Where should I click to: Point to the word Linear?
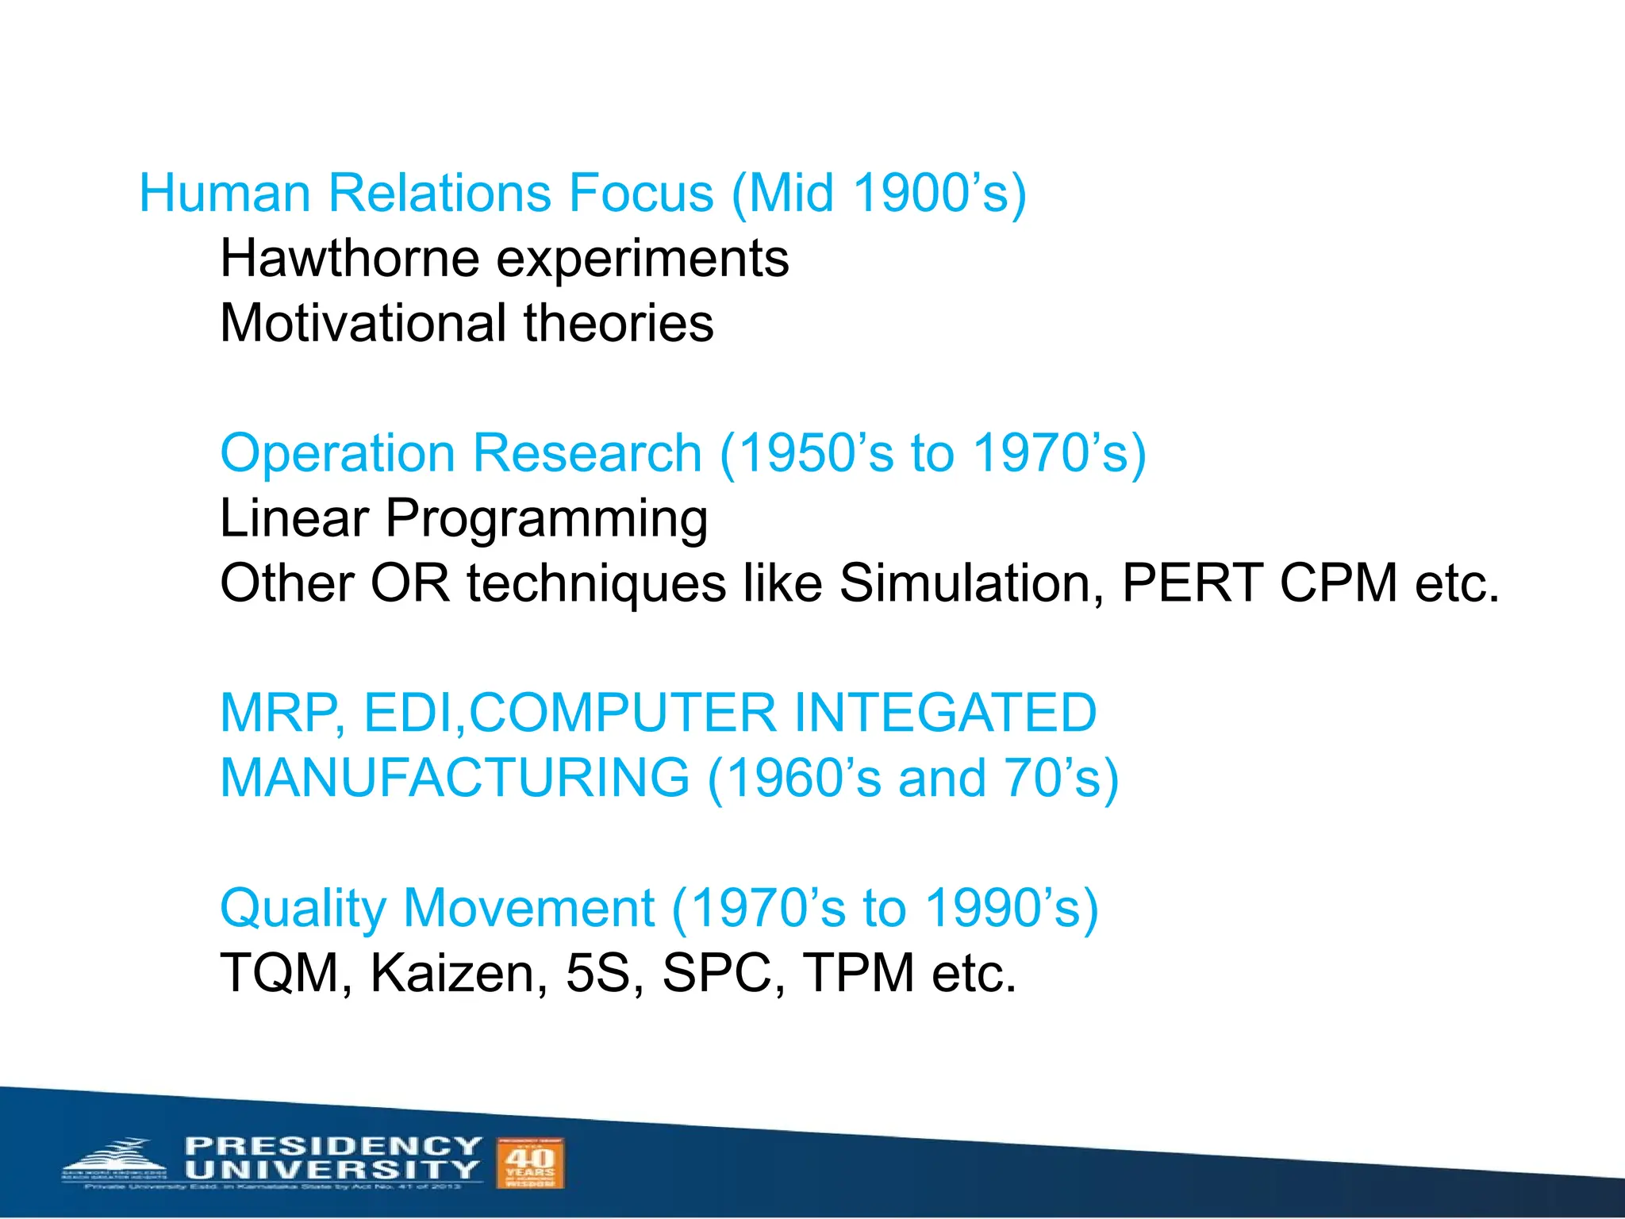coord(294,518)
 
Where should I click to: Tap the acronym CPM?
coord(1339,583)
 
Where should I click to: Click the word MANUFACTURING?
coord(455,778)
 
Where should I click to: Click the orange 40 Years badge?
coord(530,1163)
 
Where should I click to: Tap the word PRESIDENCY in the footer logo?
coord(333,1146)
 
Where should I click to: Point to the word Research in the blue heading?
coord(587,453)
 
